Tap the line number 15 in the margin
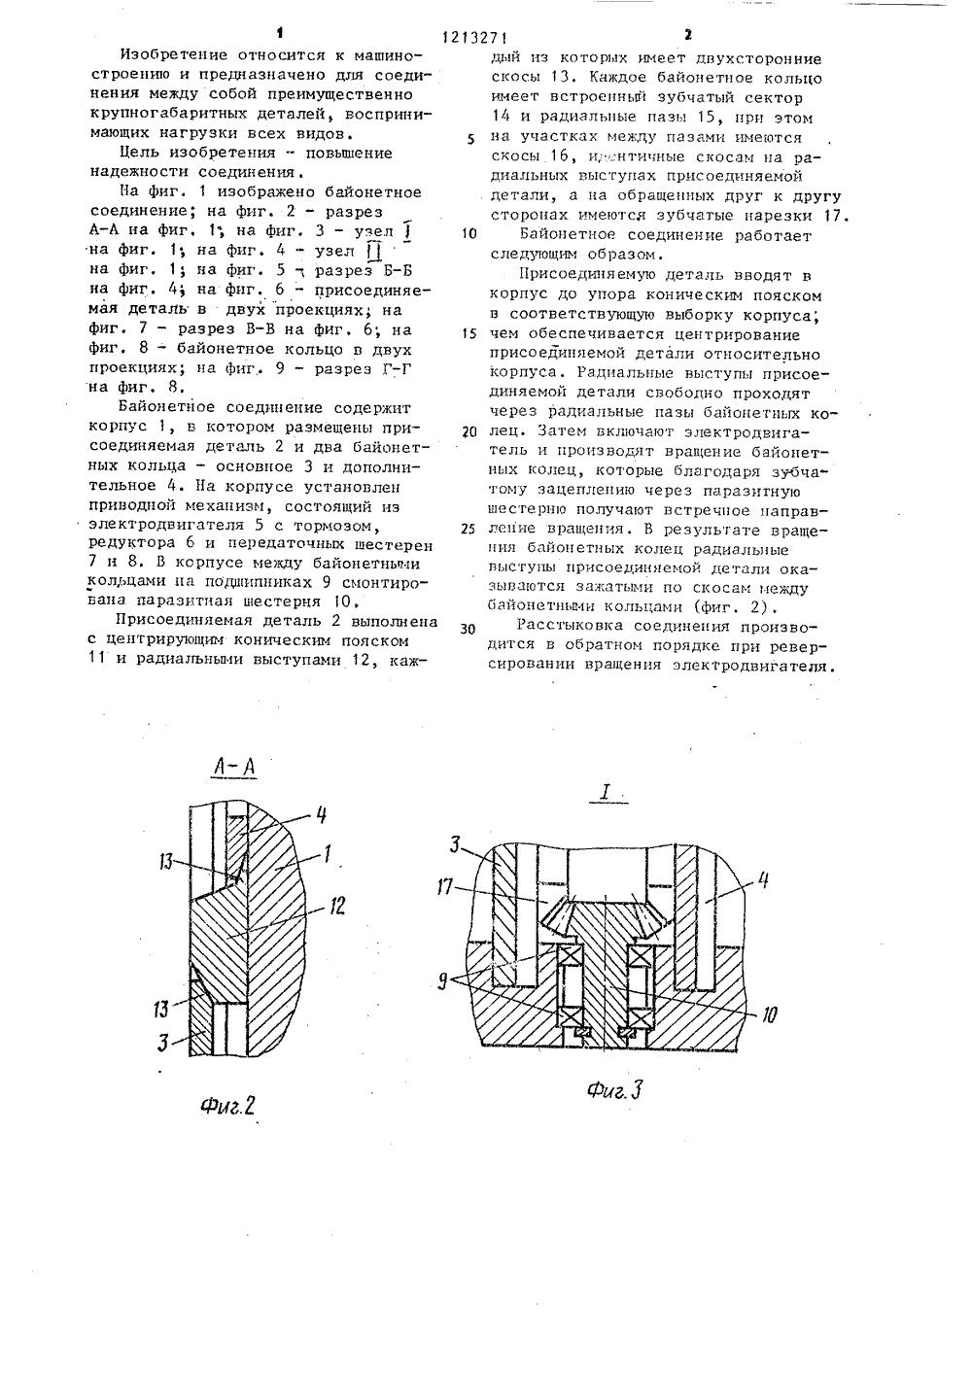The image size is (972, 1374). point(469,333)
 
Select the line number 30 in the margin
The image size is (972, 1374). point(469,628)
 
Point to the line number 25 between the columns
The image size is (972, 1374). point(469,530)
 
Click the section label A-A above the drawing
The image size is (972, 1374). point(234,769)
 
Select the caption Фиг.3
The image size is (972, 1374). point(614,1090)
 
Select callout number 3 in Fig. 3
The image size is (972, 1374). point(457,842)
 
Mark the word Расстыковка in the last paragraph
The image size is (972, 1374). point(569,627)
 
